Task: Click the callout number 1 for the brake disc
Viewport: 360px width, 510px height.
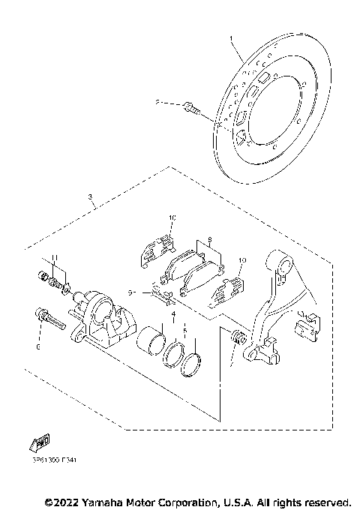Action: pos(232,37)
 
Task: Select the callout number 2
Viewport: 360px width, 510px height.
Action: pos(157,103)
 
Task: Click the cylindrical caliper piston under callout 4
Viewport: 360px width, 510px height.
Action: pos(152,338)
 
